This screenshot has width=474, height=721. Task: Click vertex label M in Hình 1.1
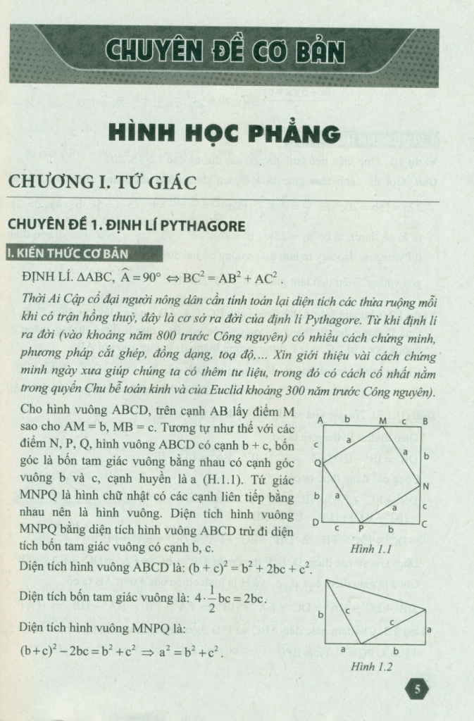tap(382, 420)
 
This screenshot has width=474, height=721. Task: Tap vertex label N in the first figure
tap(425, 486)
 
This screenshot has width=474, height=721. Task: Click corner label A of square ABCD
tap(320, 420)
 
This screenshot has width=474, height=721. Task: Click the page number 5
tap(418, 689)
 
